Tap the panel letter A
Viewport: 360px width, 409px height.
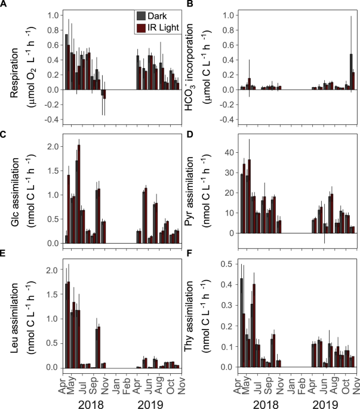(x=4, y=5)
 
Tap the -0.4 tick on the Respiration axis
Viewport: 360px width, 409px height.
(x=45, y=120)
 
